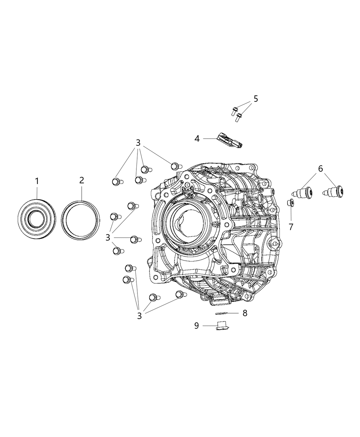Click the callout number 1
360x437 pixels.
pyautogui.click(x=37, y=181)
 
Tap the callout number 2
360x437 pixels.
pyautogui.click(x=81, y=180)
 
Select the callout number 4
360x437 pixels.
pyautogui.click(x=197, y=138)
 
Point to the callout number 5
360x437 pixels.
pyautogui.click(x=255, y=99)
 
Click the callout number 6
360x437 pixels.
pyautogui.click(x=320, y=168)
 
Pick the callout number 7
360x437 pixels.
pyautogui.click(x=291, y=227)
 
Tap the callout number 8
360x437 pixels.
pyautogui.click(x=244, y=313)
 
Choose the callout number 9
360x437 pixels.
pyautogui.click(x=196, y=325)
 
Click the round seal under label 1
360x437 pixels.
pyautogui.click(x=37, y=218)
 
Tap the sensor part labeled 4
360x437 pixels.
pyautogui.click(x=229, y=141)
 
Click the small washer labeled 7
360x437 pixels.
pyautogui.click(x=291, y=203)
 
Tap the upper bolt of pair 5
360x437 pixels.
pyautogui.click(x=234, y=111)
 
